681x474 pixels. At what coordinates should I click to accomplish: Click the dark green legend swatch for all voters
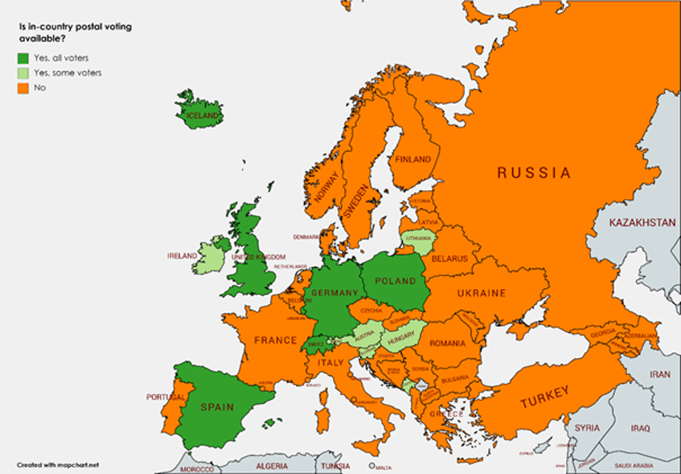(x=24, y=58)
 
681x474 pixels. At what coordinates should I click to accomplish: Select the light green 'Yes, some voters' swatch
(x=24, y=73)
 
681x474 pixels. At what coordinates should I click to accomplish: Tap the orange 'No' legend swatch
(x=24, y=88)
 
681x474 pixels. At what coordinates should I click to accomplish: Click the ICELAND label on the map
(x=202, y=115)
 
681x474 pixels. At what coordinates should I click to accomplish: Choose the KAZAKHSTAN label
(x=642, y=222)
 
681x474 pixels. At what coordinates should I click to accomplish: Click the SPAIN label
(x=216, y=407)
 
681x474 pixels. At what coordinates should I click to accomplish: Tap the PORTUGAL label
(x=166, y=398)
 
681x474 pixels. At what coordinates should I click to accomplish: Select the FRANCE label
(x=276, y=340)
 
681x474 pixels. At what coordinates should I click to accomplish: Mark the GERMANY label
(x=334, y=292)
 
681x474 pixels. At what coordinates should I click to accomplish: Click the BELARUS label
(x=449, y=258)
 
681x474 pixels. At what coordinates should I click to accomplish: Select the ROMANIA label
(x=448, y=343)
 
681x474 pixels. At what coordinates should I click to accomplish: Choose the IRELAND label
(x=182, y=256)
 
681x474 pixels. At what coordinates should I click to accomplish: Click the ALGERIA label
(x=271, y=466)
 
